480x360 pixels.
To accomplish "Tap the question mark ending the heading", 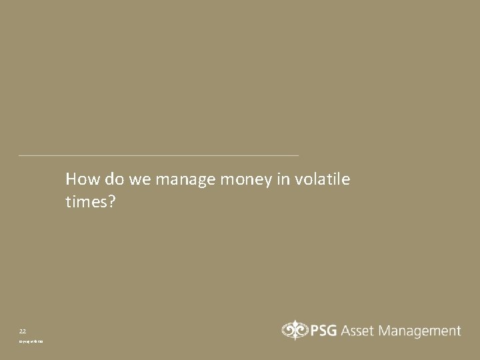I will [x=112, y=201].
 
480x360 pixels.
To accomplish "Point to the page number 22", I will [x=23, y=331].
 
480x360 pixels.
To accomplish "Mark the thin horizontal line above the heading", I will [x=159, y=155].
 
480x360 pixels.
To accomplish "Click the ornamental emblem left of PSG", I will [x=292, y=331].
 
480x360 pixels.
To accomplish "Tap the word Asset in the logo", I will [x=360, y=331].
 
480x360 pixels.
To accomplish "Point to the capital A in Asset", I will [x=347, y=331].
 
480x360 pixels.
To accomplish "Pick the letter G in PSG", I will [x=333, y=331].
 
